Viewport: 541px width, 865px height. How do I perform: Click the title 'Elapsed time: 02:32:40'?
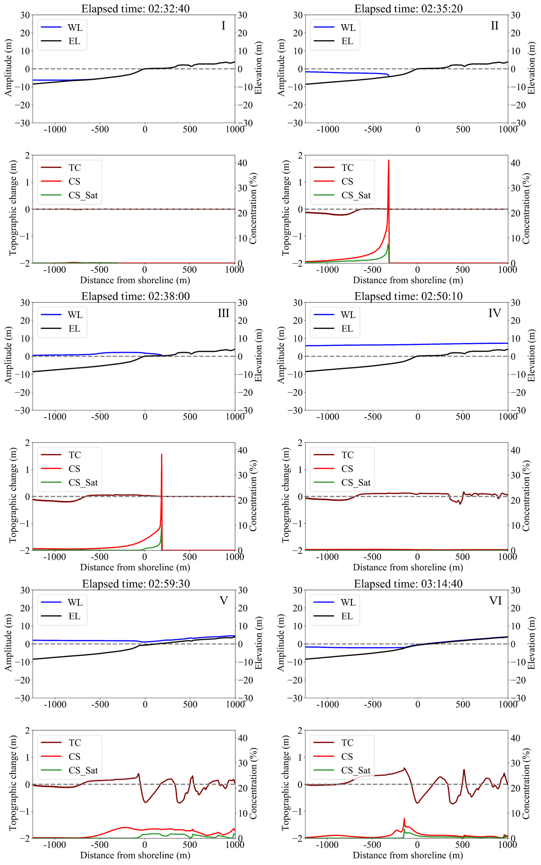click(x=135, y=9)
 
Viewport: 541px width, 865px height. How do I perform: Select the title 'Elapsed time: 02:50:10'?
click(x=408, y=296)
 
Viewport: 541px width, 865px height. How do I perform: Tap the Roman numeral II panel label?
click(x=495, y=26)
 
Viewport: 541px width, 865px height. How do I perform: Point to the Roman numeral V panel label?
click(x=223, y=600)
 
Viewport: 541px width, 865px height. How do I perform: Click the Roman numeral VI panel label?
click(x=495, y=600)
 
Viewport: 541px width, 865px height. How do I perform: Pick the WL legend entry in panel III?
click(x=75, y=315)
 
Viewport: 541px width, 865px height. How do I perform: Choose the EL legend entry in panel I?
click(x=74, y=41)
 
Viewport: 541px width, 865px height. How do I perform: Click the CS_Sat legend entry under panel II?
click(x=356, y=195)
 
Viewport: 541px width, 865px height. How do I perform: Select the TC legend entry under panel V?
click(x=75, y=743)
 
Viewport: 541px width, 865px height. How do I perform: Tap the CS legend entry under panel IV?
click(x=347, y=469)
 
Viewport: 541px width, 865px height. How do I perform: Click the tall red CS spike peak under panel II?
click(x=389, y=160)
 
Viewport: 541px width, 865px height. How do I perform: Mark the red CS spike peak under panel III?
click(x=162, y=454)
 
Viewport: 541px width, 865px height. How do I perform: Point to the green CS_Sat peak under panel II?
click(x=388, y=245)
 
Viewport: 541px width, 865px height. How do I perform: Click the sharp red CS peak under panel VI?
click(x=404, y=819)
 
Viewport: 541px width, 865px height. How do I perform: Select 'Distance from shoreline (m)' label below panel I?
click(x=135, y=280)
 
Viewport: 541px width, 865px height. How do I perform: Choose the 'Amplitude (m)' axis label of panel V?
click(x=8, y=643)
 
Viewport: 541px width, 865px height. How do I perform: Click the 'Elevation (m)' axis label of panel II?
click(x=531, y=68)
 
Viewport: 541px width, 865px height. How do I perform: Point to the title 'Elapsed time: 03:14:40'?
click(x=408, y=584)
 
